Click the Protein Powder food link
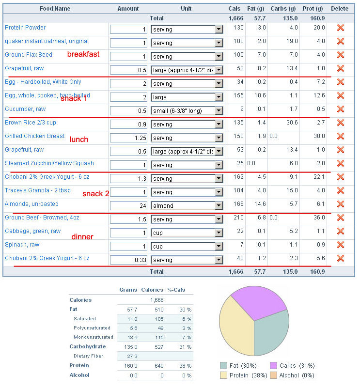tap(25, 28)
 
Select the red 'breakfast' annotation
tap(83, 54)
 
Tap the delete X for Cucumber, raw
tap(341, 109)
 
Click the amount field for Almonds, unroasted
tap(128, 206)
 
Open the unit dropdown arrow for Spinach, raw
tap(219, 247)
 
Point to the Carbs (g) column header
tap(283, 9)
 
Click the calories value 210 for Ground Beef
tap(238, 218)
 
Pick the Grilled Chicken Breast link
tap(35, 136)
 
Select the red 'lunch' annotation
tap(78, 140)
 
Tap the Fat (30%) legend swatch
tap(224, 366)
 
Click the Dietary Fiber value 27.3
tap(132, 357)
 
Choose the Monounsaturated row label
tap(94, 337)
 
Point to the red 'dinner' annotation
tap(82, 237)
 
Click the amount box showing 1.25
tap(128, 138)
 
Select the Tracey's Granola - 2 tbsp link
tap(38, 190)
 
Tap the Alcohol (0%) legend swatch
tap(274, 375)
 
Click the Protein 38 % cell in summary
tap(186, 366)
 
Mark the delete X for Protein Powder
tap(341, 28)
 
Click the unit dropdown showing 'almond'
tap(187, 206)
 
